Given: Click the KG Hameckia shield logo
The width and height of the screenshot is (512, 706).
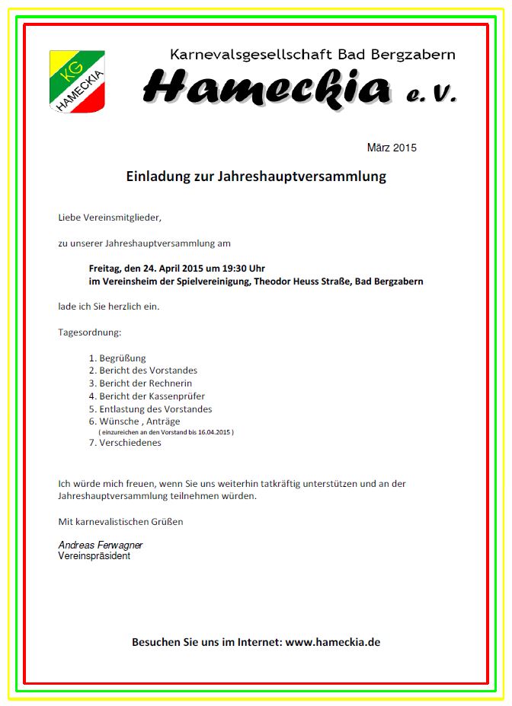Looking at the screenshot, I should click(77, 81).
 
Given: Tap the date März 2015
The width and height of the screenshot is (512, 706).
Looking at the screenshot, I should click(392, 148).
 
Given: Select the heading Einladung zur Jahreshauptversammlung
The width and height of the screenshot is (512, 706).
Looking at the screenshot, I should click(256, 176).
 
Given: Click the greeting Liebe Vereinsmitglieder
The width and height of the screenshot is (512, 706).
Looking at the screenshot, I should click(110, 218).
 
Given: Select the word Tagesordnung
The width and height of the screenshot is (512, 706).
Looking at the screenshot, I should click(89, 332).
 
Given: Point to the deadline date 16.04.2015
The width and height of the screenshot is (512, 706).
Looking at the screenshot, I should click(213, 432).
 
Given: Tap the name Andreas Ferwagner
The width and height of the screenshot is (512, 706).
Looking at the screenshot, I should click(101, 545).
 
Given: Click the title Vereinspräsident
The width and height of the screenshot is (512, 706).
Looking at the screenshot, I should click(94, 556).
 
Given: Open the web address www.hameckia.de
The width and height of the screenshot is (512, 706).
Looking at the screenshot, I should click(333, 642).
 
